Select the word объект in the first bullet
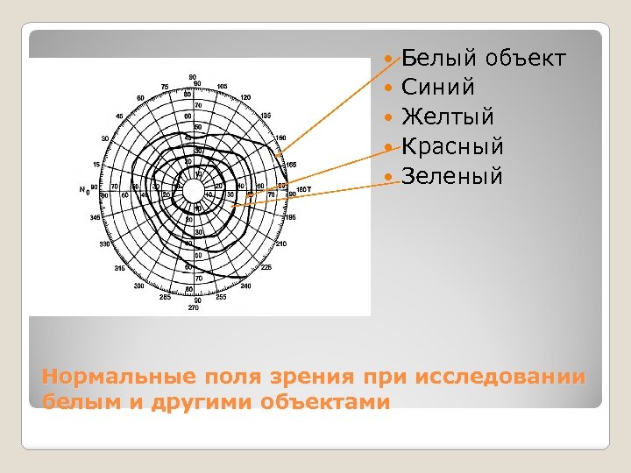coord(525,59)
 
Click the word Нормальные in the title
coord(109,378)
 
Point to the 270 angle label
coord(194,307)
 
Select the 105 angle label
coord(222,87)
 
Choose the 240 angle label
coord(245,286)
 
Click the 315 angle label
coord(119,268)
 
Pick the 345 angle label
coord(96,217)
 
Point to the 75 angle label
coord(164,87)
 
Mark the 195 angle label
coord(291,217)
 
